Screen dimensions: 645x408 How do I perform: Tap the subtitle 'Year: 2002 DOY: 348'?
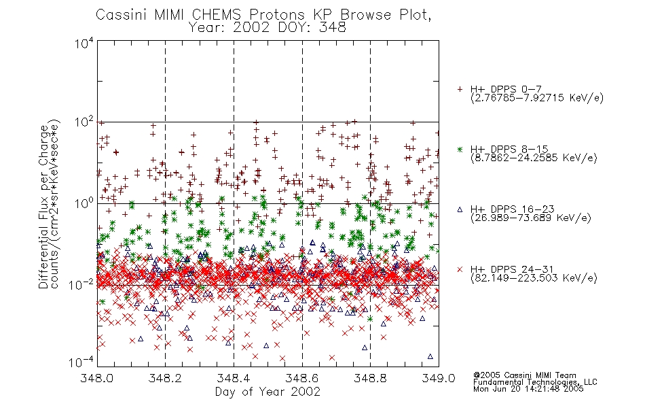click(268, 28)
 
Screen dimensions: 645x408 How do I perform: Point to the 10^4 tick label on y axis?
click(84, 43)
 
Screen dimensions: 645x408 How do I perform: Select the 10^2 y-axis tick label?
click(84, 122)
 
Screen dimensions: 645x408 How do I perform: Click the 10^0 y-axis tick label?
click(84, 203)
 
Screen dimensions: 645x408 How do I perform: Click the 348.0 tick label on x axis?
click(96, 378)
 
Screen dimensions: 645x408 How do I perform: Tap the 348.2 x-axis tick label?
click(165, 378)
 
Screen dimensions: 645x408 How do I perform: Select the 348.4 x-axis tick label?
click(234, 378)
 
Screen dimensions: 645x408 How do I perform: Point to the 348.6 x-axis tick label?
click(302, 378)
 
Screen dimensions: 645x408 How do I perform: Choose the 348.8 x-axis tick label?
click(370, 378)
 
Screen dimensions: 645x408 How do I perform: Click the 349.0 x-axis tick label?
click(439, 378)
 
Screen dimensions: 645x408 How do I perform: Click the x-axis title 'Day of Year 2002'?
click(268, 392)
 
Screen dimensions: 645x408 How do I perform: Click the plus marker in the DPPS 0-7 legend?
click(460, 89)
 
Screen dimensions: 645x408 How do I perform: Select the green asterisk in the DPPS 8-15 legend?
click(460, 149)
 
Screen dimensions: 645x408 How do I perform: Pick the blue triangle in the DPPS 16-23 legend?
click(460, 209)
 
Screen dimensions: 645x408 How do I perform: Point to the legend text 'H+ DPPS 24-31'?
click(512, 269)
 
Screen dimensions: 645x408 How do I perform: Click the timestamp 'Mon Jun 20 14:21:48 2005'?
click(528, 389)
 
